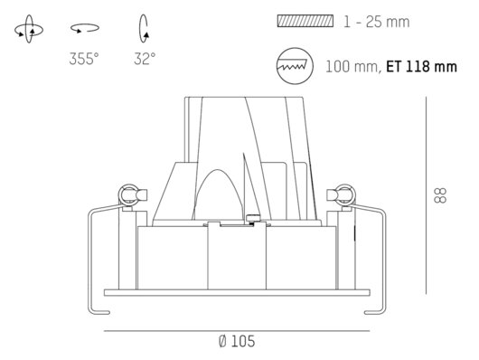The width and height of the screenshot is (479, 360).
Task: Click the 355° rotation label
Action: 84,59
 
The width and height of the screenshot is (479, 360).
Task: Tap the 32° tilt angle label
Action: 145,59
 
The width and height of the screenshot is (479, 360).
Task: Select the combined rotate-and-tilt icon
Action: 29,29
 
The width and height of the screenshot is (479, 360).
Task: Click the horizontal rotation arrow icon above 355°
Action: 85,28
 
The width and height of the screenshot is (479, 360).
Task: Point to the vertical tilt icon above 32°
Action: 144,28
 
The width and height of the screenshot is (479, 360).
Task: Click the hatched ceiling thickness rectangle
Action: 305,21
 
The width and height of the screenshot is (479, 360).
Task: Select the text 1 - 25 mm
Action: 376,22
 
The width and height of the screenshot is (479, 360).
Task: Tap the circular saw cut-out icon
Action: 295,66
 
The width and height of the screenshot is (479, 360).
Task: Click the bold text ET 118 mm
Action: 421,67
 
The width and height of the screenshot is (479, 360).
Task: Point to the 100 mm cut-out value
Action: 352,67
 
